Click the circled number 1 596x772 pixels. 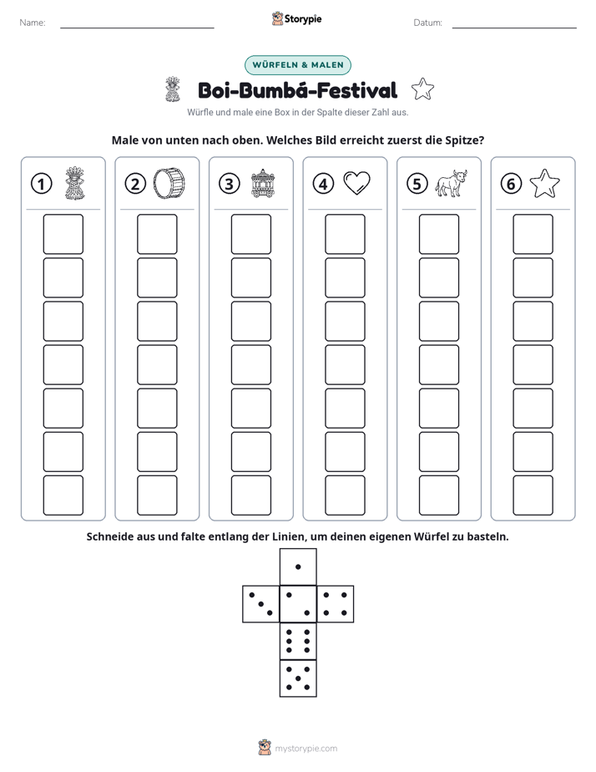point(41,184)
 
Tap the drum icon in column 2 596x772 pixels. point(169,183)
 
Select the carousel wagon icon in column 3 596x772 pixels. point(263,183)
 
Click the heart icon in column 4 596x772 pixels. point(356,183)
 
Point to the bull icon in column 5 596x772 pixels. point(451,184)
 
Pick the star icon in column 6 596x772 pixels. point(544,184)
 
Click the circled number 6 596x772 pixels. point(511,184)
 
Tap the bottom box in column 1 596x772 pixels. point(63,495)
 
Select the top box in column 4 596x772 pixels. point(345,234)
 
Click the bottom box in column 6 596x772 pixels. point(533,495)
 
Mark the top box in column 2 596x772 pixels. point(157,234)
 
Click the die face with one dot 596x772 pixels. point(298,566)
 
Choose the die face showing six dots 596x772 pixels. point(298,641)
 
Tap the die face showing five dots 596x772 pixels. point(298,678)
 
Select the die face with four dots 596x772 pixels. point(336,604)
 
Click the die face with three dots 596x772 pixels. point(261,604)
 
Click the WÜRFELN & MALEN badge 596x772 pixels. point(298,65)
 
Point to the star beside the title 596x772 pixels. point(422,89)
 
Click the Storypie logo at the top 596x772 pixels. point(296,18)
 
